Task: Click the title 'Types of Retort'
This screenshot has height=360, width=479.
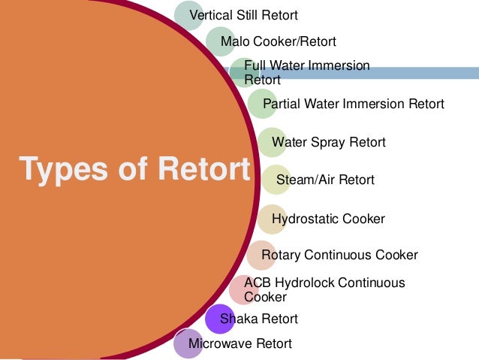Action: [134, 169]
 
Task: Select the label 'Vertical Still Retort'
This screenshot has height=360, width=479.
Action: [243, 15]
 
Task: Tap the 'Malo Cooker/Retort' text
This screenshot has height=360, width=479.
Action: [278, 41]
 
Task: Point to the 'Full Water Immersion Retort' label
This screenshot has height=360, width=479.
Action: [306, 72]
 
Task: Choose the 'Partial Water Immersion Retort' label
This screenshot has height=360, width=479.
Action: [353, 104]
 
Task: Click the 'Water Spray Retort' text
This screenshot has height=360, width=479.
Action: [328, 142]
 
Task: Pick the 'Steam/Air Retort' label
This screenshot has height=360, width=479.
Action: [325, 180]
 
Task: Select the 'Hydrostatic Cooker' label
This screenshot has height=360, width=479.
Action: [328, 219]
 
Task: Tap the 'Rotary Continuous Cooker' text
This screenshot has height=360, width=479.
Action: [339, 255]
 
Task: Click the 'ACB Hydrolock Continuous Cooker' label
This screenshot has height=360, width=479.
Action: [324, 289]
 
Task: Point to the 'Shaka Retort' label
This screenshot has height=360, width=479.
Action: [258, 319]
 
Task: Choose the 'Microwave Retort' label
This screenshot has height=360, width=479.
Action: [239, 344]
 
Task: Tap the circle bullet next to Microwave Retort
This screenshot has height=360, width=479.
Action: [187, 343]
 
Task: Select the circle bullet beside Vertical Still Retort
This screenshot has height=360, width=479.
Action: [188, 15]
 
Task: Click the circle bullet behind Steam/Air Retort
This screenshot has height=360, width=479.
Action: [275, 180]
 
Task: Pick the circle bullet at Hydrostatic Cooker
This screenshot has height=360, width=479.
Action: [271, 219]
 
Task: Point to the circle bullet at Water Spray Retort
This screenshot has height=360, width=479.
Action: [271, 142]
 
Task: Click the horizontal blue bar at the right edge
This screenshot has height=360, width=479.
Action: [420, 73]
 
